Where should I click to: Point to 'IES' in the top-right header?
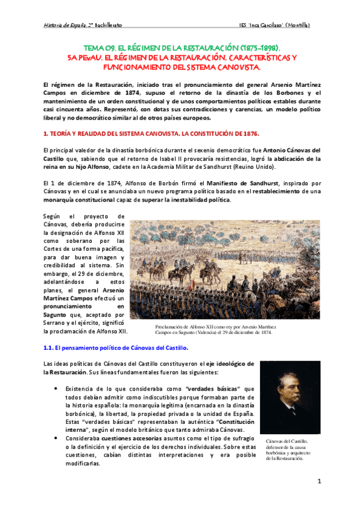tap(244, 25)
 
